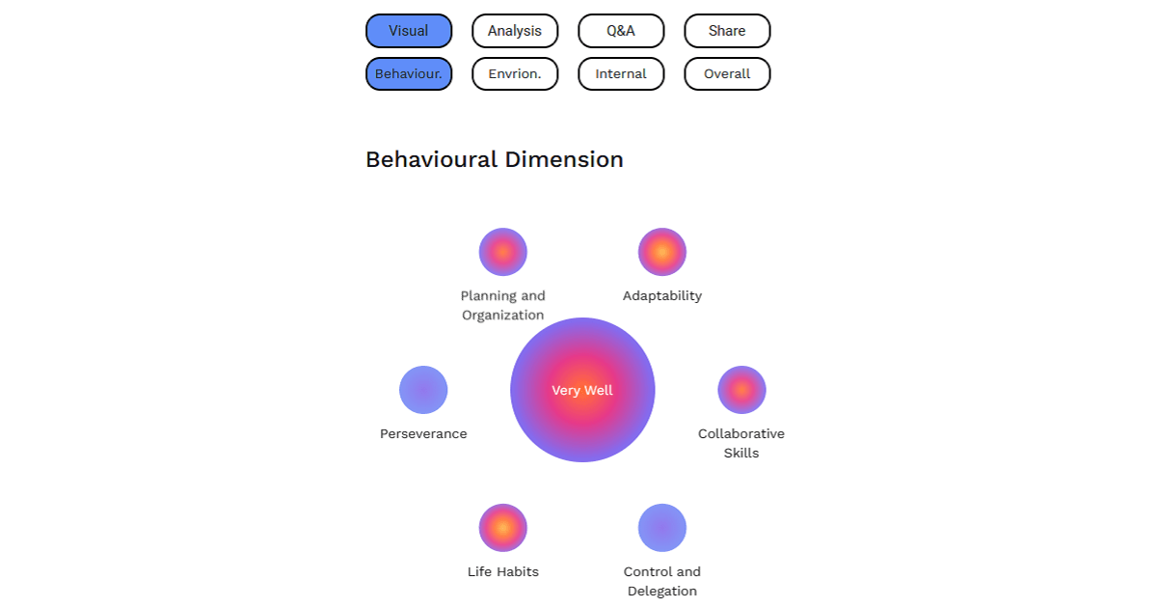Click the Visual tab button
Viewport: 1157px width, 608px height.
409,31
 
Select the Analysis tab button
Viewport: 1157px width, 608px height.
515,31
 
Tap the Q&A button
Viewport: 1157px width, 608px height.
621,31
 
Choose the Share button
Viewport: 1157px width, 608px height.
727,31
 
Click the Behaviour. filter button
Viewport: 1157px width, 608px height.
409,74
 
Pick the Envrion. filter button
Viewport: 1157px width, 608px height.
515,74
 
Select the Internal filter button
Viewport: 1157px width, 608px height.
621,74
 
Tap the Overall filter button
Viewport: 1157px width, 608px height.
727,74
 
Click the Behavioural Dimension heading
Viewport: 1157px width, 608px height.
495,159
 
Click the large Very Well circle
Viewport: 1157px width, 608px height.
582,390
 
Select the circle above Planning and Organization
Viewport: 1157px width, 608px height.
503,252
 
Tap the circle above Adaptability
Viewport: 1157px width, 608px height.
662,252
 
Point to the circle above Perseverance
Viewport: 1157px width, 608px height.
423,390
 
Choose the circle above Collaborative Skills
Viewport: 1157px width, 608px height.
741,390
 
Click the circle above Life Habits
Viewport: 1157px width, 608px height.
503,528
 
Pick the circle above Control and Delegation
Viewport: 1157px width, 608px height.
662,528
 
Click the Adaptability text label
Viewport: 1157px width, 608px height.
662,296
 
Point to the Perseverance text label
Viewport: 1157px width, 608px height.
423,434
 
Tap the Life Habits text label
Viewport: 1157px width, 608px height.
503,572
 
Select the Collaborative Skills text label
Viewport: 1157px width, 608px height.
741,443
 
